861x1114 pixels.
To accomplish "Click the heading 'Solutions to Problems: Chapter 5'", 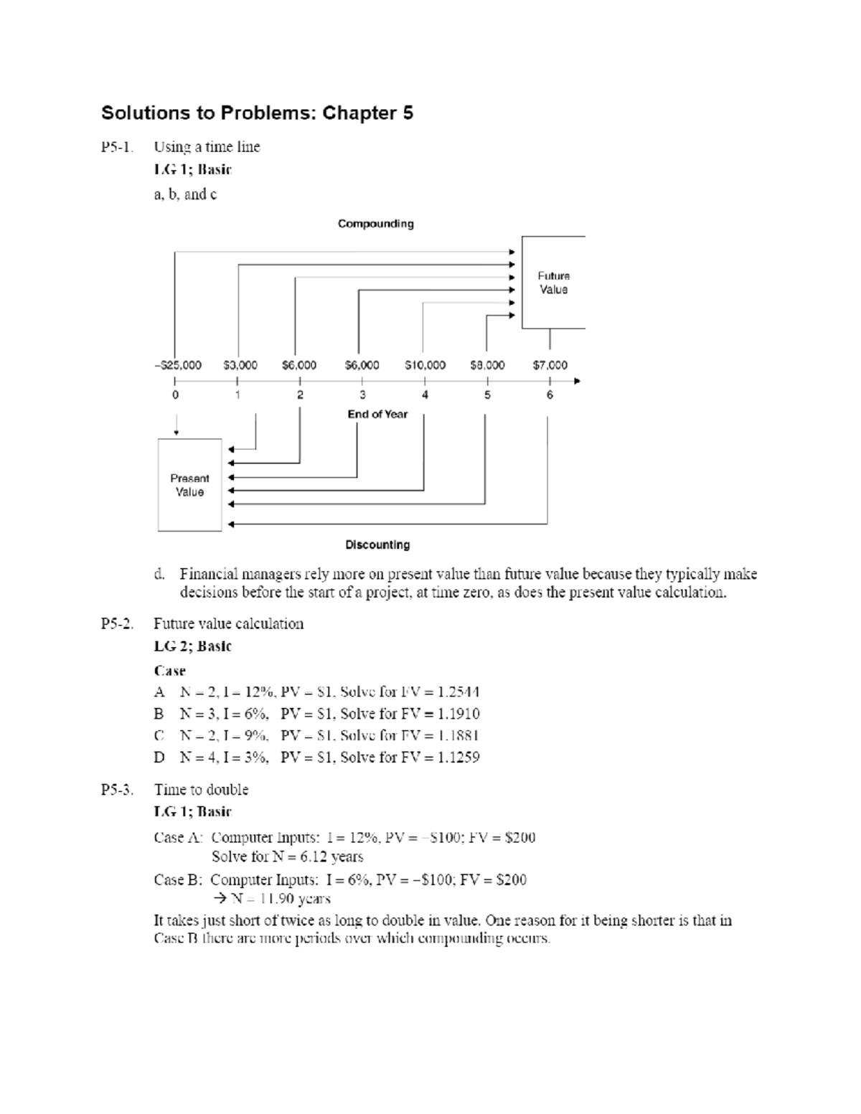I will [x=257, y=113].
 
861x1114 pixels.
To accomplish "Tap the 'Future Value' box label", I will [x=553, y=283].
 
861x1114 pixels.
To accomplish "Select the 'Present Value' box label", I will [x=189, y=485].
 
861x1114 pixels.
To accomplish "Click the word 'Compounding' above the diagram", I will [x=375, y=224].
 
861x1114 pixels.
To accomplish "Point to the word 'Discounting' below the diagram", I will [x=377, y=545].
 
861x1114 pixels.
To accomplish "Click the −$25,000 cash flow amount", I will [x=178, y=365].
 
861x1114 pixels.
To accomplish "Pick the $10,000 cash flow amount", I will [x=425, y=365].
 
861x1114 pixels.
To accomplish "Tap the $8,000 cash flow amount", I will [x=487, y=365].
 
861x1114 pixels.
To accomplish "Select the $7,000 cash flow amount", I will [x=550, y=365].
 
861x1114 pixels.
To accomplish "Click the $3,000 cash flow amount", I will [x=240, y=365].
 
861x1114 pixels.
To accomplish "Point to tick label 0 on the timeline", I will [x=176, y=395].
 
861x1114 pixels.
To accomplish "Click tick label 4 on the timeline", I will [x=425, y=395].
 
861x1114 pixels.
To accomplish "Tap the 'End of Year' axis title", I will [x=377, y=415].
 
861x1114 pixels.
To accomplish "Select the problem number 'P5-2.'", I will [x=117, y=624].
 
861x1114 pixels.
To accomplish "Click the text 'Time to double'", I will [x=201, y=790].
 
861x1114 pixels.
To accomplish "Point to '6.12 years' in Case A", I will [x=332, y=857].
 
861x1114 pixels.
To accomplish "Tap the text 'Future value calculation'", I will [x=228, y=624].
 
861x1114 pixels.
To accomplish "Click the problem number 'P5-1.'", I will [x=117, y=147].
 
